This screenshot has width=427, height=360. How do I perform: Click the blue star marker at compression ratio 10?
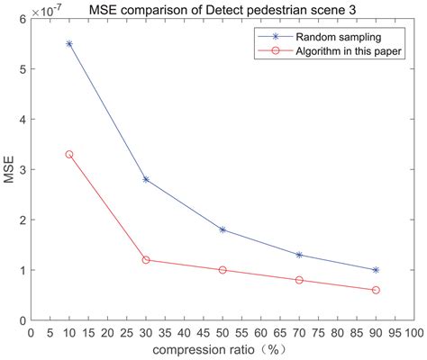[x=69, y=43]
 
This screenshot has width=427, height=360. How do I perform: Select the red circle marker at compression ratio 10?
[x=69, y=155]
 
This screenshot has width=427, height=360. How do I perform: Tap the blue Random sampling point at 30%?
[x=146, y=179]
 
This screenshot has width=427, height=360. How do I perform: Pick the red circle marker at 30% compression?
[x=146, y=260]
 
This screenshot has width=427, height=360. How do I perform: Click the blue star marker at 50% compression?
[x=223, y=229]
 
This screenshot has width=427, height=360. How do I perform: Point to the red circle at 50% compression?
[x=223, y=270]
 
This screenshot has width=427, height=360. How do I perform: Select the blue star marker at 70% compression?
[x=299, y=255]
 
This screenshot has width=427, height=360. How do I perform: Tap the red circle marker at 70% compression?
[x=299, y=280]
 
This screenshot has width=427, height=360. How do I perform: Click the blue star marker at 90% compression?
[x=376, y=270]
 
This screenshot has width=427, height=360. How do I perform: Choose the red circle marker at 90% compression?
[x=376, y=290]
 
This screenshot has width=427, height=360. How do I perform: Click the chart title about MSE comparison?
[x=222, y=8]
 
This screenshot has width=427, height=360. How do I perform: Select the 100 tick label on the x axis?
[x=413, y=332]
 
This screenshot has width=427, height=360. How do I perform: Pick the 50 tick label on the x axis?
[x=223, y=332]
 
